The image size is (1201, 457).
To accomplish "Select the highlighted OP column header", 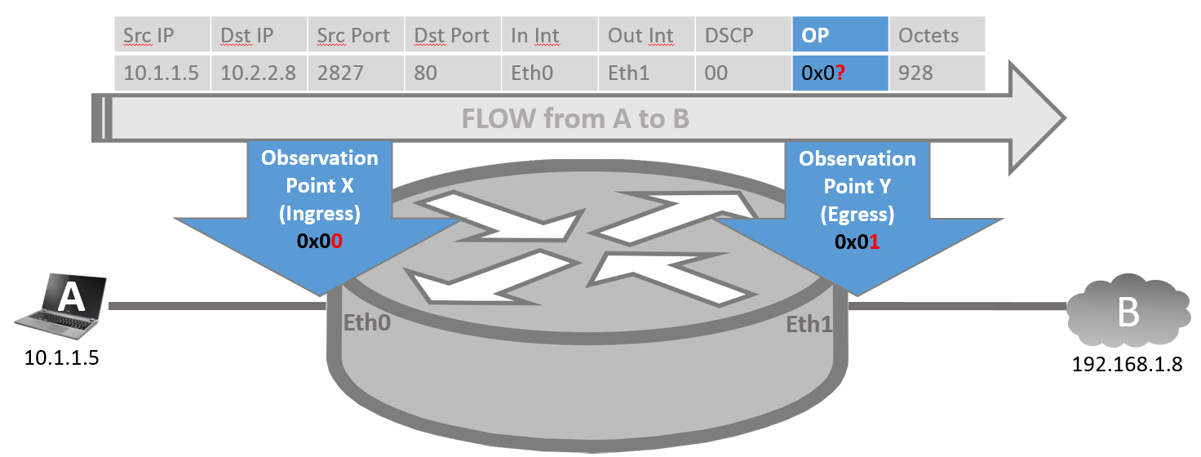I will (840, 36).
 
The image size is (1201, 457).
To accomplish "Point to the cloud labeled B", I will (1128, 312).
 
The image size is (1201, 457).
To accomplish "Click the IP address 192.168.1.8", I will (1127, 363).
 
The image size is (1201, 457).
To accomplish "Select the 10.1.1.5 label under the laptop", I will (61, 358).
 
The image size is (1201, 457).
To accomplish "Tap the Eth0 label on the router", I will (367, 322).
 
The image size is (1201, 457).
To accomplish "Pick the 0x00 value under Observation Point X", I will (320, 242).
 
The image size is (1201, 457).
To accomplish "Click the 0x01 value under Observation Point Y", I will (858, 242).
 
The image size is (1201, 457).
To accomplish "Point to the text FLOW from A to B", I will (576, 119).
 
